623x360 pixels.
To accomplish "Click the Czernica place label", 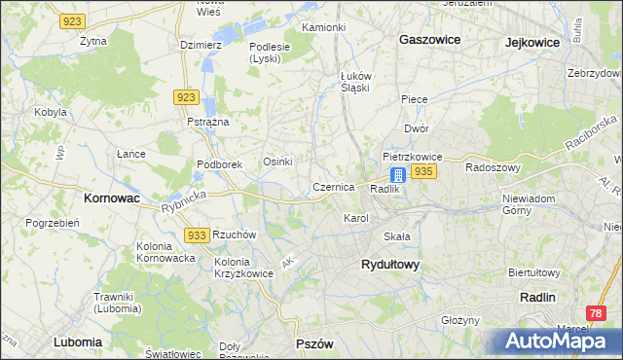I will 333,186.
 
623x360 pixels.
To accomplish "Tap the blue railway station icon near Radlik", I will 398,175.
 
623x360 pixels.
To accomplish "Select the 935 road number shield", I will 422,171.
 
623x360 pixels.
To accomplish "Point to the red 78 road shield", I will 597,312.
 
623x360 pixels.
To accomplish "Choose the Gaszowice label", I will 429,40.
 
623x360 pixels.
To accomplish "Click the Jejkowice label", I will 536,42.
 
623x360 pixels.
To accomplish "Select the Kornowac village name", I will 107,198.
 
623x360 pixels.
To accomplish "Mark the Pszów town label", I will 314,344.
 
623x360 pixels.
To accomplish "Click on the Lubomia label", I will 78,342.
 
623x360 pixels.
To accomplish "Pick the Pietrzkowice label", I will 413,156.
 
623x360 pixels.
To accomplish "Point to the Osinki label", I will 278,162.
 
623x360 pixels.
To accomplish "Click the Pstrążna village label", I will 207,122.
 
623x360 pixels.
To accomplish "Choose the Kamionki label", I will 323,27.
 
